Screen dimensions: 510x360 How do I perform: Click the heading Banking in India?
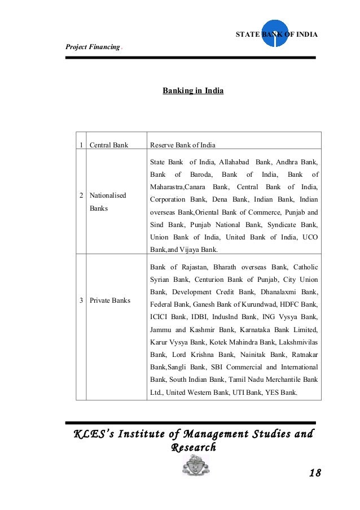point(193,90)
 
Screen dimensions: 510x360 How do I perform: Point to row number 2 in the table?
point(82,195)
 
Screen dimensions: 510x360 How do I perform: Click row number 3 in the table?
point(82,300)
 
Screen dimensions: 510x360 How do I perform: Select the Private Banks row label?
point(109,300)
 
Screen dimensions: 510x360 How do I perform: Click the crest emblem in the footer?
point(196,467)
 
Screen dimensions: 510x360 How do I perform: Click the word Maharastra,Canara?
point(177,187)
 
